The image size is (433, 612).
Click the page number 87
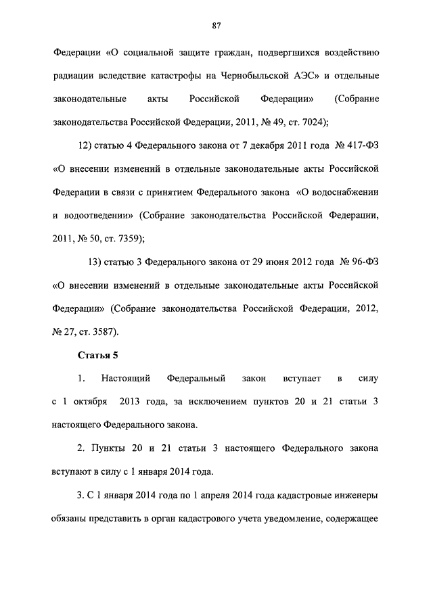[x=216, y=26]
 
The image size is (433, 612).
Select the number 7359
[x=127, y=239]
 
